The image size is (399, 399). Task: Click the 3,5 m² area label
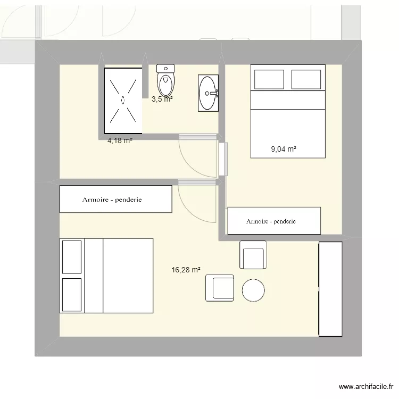(162, 99)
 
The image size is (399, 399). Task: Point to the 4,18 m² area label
(120, 141)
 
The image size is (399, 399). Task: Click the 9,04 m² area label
(283, 149)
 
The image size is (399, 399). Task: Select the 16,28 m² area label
(186, 270)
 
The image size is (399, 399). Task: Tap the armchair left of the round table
(220, 288)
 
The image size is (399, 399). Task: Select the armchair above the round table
(253, 255)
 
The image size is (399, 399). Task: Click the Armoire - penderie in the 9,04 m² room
(273, 221)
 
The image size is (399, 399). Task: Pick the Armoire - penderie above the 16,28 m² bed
(115, 199)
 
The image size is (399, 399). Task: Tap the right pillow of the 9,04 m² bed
(306, 79)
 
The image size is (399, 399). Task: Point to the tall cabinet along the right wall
(329, 289)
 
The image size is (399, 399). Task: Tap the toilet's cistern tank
(165, 68)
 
